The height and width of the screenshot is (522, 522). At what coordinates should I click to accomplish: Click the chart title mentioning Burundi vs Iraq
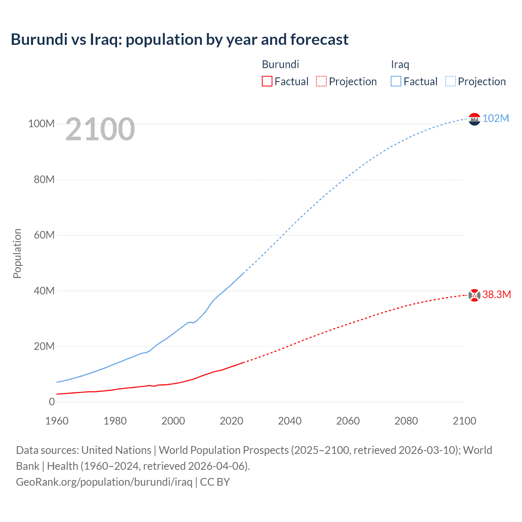pos(179,40)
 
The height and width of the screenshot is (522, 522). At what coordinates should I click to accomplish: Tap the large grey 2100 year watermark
pos(100,129)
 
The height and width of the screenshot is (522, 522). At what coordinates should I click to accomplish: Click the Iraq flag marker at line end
pos(474,119)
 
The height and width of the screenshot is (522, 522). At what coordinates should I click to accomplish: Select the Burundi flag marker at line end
pos(474,295)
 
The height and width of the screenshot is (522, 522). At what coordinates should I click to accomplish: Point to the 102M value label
pos(495,118)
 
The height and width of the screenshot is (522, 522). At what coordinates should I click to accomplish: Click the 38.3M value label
pos(496,294)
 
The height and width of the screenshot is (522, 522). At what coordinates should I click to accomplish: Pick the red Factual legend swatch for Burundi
pos(267,81)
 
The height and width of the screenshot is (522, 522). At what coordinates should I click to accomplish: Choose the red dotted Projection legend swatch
pos(321,81)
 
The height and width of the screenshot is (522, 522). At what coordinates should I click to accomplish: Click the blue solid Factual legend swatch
pos(396,81)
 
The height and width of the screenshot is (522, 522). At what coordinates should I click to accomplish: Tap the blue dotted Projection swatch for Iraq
pos(450,81)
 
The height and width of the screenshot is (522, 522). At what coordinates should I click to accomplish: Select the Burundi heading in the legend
pos(280,64)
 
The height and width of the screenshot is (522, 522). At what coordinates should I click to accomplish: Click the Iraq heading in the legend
pos(400,64)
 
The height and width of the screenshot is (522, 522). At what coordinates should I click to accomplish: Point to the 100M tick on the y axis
pos(41,124)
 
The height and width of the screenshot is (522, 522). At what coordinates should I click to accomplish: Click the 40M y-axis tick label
pos(44,291)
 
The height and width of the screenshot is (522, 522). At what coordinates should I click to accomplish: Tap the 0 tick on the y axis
pos(52,402)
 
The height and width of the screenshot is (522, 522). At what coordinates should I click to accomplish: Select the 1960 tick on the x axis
pos(57,421)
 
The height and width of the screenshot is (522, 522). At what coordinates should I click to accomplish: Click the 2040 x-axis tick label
pos(290,421)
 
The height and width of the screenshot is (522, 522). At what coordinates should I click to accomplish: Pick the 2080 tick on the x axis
pos(406,421)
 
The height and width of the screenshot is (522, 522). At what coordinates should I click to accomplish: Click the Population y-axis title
pos(17,253)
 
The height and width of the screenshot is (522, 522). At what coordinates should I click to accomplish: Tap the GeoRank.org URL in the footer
pos(104,482)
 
